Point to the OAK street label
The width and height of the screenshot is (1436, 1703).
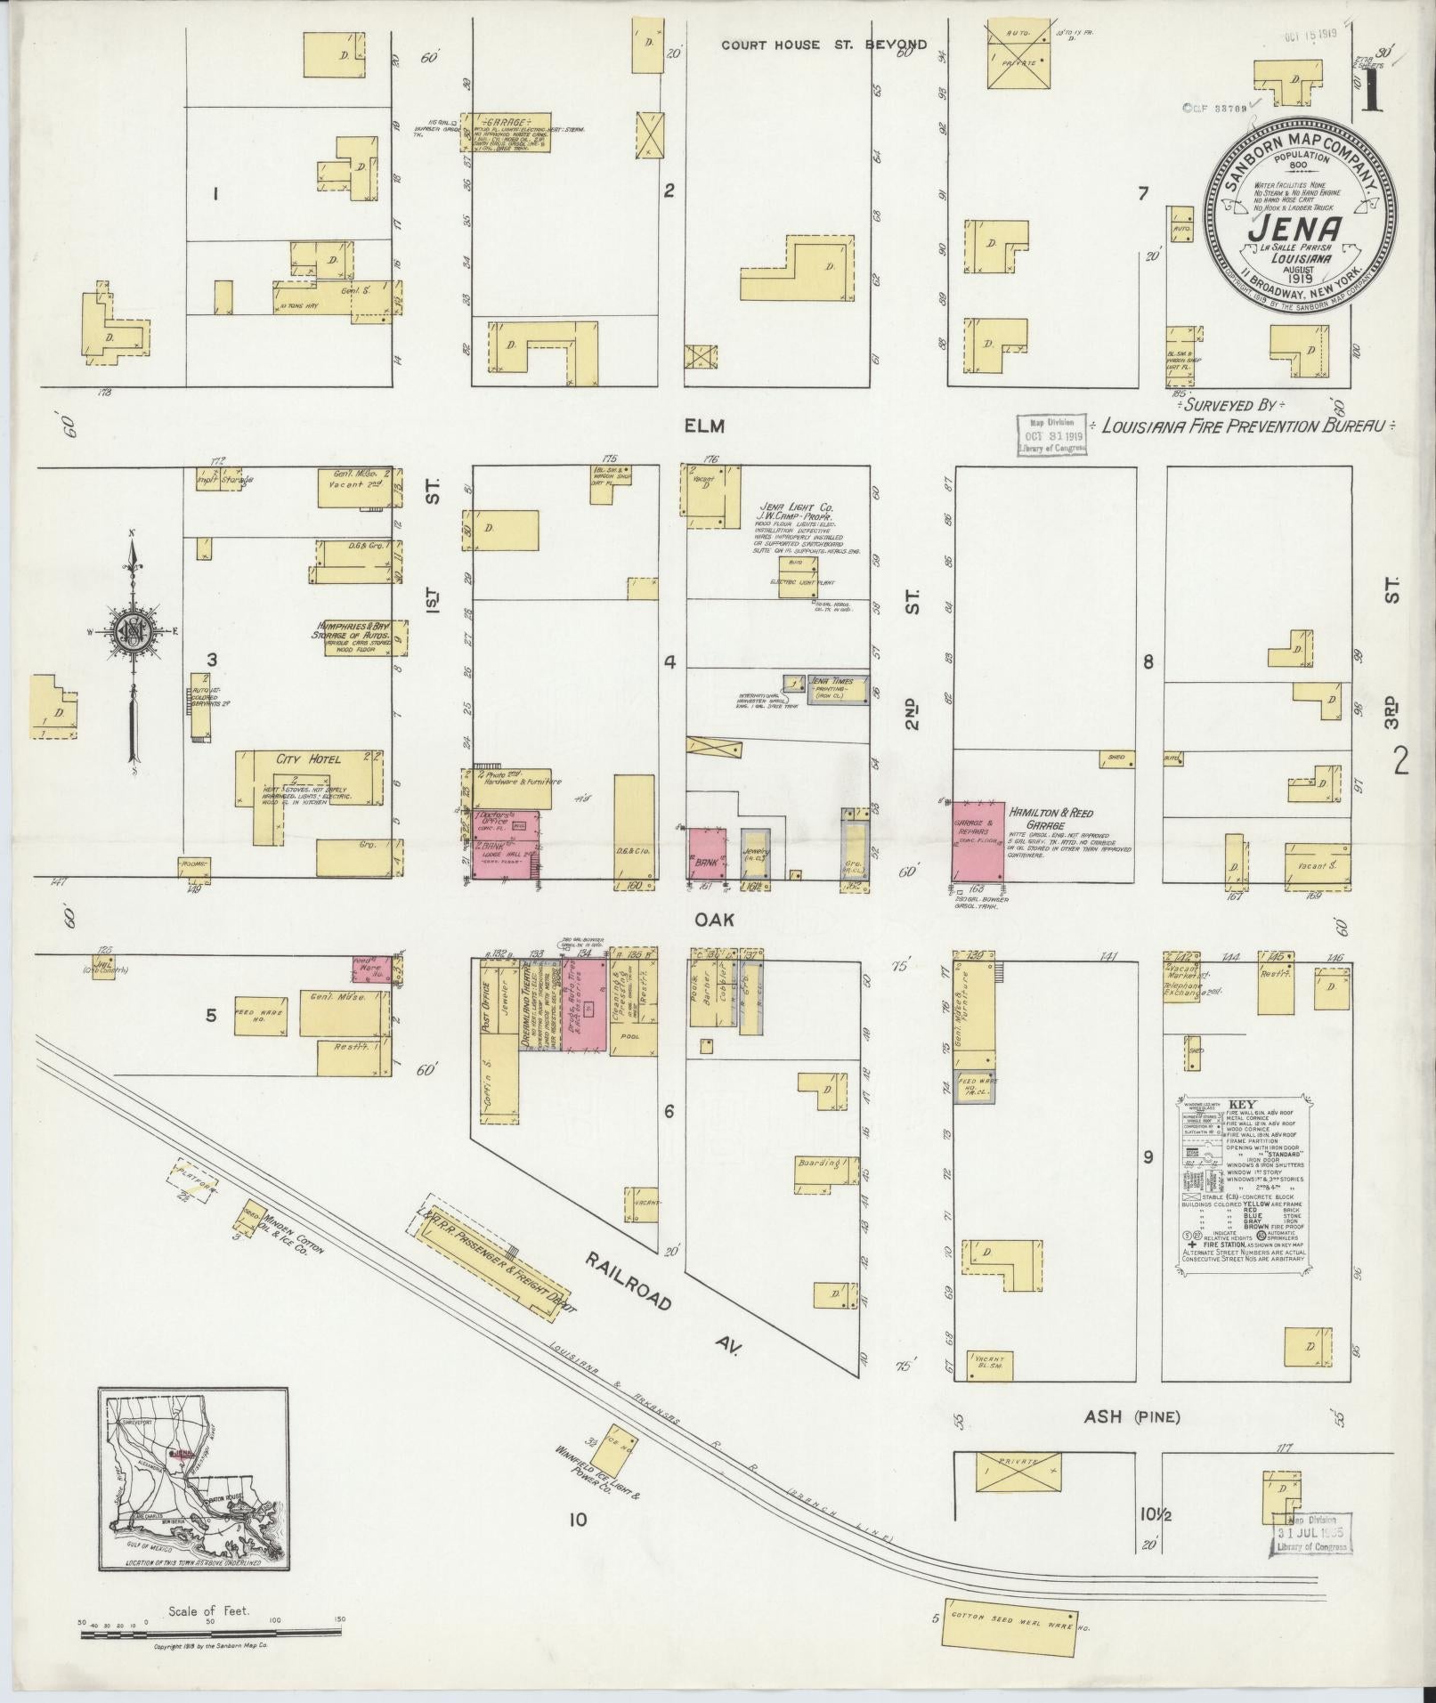tap(716, 920)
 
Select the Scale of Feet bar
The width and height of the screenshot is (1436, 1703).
tap(210, 1632)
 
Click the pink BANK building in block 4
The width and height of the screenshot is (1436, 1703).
tap(705, 853)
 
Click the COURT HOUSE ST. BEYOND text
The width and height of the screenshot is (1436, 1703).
tap(823, 45)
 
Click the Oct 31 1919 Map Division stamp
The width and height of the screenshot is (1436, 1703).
tap(1052, 435)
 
